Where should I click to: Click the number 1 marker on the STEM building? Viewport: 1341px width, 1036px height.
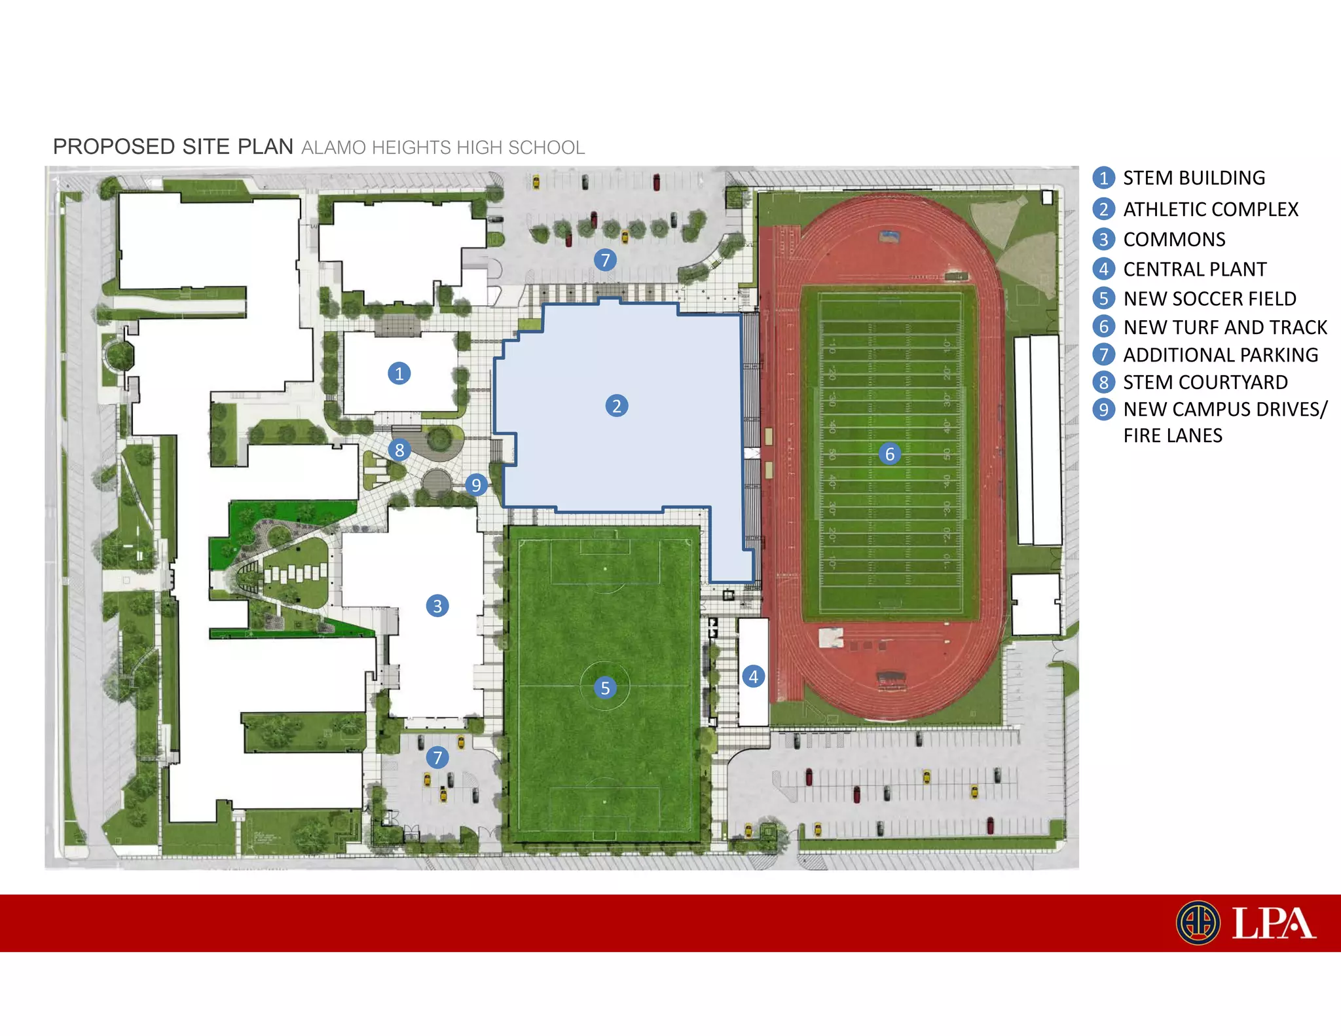coord(399,373)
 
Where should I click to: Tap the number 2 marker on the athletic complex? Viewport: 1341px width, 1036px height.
coord(616,406)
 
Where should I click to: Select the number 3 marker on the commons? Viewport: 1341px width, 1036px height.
coord(437,606)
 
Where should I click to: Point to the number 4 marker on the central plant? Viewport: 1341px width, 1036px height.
coord(753,676)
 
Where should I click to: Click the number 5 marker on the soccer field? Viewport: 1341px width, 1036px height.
coord(605,688)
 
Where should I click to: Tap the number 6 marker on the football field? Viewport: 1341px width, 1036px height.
coord(889,454)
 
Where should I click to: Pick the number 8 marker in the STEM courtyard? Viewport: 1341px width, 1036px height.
coord(399,450)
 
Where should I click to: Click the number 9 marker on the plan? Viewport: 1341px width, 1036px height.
coord(476,485)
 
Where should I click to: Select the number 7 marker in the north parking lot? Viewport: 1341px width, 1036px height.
coord(605,260)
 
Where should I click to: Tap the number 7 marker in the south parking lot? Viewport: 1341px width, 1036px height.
coord(437,758)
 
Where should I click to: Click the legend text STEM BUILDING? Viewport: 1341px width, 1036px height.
coord(1194,178)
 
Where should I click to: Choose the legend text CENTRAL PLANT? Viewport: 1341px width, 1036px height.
coord(1194,269)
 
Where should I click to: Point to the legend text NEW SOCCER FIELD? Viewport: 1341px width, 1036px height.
coord(1209,299)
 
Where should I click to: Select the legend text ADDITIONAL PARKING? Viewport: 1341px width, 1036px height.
coord(1221,355)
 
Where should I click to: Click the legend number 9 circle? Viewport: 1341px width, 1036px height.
coord(1103,409)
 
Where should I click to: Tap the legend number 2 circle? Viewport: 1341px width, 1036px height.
coord(1103,209)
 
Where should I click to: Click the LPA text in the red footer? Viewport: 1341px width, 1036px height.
coord(1273,923)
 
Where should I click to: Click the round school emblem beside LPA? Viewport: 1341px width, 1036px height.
coord(1198,923)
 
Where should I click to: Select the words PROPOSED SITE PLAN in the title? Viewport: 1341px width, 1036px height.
coord(173,147)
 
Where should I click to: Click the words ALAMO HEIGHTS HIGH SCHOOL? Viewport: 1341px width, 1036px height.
coord(443,148)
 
